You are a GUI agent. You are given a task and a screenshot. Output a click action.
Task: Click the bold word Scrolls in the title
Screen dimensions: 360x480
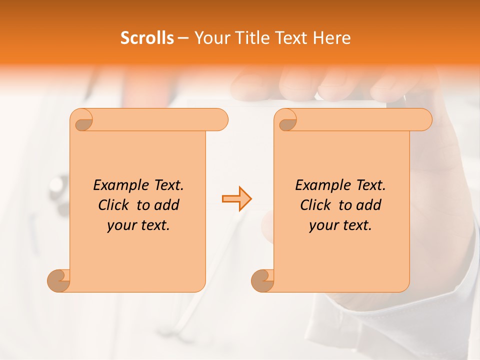(147, 38)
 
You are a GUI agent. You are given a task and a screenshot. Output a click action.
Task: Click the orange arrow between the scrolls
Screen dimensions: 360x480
(236, 199)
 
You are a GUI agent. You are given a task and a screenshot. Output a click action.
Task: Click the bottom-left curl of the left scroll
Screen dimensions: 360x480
(59, 281)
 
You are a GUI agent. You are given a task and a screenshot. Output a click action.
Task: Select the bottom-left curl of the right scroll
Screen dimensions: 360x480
(263, 281)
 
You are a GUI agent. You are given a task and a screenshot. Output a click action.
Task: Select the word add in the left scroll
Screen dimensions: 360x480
(167, 205)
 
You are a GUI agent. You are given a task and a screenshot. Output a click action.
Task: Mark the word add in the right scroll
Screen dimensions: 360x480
(369, 205)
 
